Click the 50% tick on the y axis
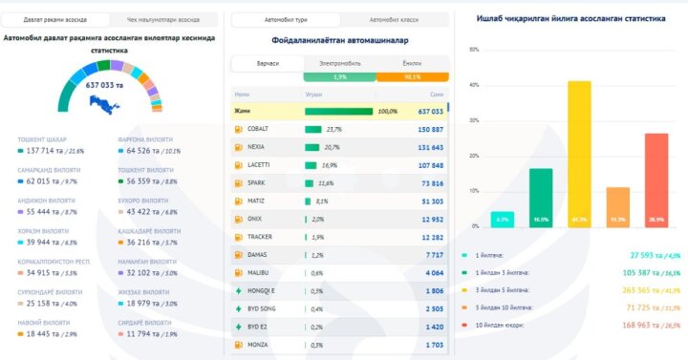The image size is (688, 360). coord(475,50)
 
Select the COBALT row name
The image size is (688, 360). coord(258,129)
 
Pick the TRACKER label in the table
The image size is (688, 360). coord(260,237)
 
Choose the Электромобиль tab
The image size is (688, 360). coord(339,63)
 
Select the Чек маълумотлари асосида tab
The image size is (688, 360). coord(162,19)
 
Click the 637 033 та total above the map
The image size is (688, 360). coord(107,85)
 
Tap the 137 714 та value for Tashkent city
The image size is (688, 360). coord(43,151)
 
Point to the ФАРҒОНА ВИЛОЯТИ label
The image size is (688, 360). coord(145,139)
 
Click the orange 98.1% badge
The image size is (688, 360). coord(413,76)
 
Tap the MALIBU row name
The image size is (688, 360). coord(258,273)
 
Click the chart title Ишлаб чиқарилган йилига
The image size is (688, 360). coord(571,18)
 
